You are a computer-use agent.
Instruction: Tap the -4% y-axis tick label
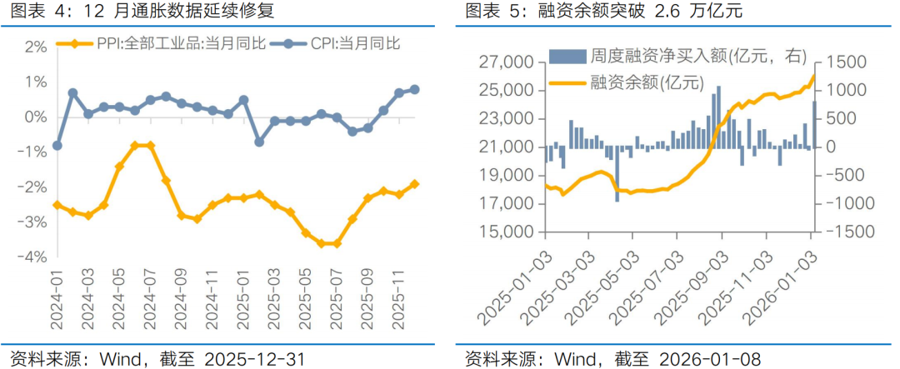point(33,257)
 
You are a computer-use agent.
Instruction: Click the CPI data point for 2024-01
point(57,145)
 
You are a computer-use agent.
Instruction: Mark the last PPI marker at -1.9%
point(414,184)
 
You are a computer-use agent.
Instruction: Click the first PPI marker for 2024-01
point(57,205)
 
